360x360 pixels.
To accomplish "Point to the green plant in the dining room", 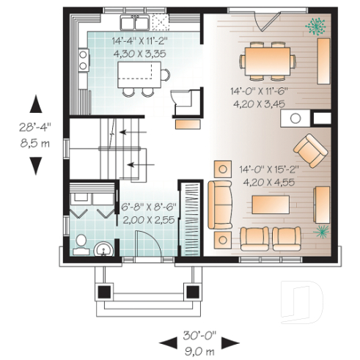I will pyautogui.click(x=317, y=26).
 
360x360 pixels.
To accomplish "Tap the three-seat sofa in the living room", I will pyautogui.click(x=221, y=205).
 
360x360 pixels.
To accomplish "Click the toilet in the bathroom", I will pyautogui.click(x=82, y=241).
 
